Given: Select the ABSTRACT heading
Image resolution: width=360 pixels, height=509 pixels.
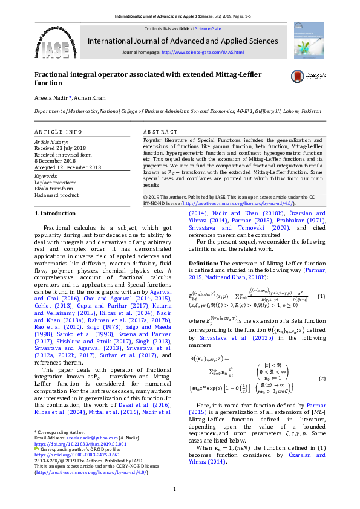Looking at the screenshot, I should tap(160, 131).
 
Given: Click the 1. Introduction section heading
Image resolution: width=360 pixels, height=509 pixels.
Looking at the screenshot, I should tap(54, 213).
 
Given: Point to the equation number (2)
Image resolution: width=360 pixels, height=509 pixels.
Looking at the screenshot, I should tap(322, 378).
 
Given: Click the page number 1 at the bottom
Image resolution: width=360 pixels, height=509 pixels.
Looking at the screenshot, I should tap(174, 489).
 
